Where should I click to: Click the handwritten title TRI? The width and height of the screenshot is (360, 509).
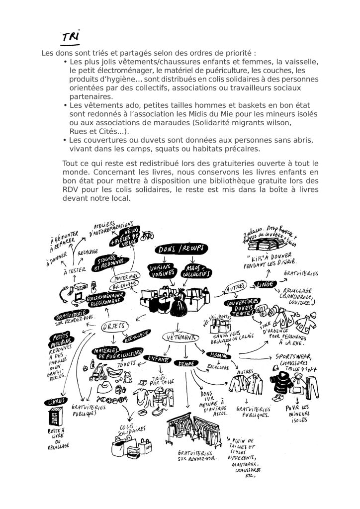coord(70,37)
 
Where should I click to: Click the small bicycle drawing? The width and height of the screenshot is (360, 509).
coord(147,236)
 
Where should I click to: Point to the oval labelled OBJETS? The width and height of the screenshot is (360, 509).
coord(114,327)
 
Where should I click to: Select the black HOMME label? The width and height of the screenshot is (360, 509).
coord(217,356)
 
